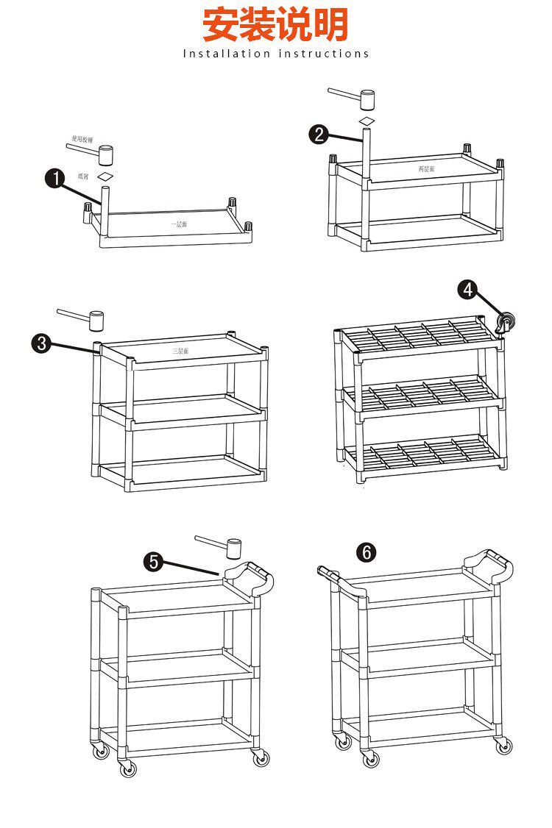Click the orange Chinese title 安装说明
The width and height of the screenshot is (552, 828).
point(275,24)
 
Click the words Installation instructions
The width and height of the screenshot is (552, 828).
point(276,54)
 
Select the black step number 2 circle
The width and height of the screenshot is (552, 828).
point(319,134)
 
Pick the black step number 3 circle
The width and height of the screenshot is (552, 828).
point(42,343)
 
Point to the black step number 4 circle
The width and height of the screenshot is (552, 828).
point(467,290)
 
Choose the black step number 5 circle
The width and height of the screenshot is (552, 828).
point(154,561)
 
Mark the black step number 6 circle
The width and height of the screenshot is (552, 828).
point(366,552)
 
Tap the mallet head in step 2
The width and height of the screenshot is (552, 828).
point(367,99)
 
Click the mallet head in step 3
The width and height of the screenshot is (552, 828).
point(96,319)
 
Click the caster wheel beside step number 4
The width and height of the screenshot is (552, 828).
point(506,321)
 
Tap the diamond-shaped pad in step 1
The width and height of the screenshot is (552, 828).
point(107,177)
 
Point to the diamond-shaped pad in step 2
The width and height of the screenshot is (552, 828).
point(367,121)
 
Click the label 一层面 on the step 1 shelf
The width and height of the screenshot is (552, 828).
point(178,223)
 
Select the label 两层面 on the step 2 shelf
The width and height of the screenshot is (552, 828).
point(427,168)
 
